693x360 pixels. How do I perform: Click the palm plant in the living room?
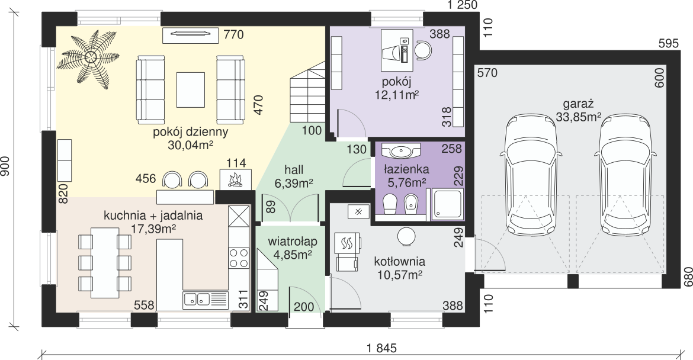tap(91, 56)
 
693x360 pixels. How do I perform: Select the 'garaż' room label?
tap(577, 104)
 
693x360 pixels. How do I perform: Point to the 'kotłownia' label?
tap(400, 261)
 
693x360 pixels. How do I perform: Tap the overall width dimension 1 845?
tap(382, 348)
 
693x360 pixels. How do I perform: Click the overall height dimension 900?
tap(5, 166)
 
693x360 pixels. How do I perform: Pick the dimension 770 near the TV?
tap(234, 34)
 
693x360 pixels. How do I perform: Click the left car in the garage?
tap(531, 175)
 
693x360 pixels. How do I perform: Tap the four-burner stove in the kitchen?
tap(239, 258)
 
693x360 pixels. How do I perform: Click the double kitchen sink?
tap(197, 300)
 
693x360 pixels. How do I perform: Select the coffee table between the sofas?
tap(191, 89)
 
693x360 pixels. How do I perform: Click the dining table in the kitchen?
tap(105, 263)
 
